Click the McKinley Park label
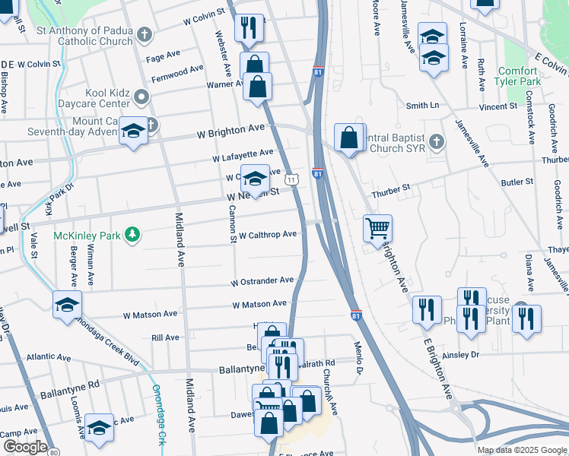click(87, 236)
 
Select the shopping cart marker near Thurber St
click(377, 228)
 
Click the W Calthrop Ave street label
click(267, 235)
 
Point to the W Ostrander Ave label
click(263, 281)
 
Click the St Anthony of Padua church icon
click(144, 34)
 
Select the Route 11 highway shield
click(292, 179)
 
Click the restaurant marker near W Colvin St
click(250, 28)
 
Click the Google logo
click(25, 447)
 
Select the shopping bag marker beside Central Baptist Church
click(348, 138)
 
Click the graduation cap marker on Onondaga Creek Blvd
click(67, 305)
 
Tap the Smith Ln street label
click(423, 106)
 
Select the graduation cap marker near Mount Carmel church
click(133, 131)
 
